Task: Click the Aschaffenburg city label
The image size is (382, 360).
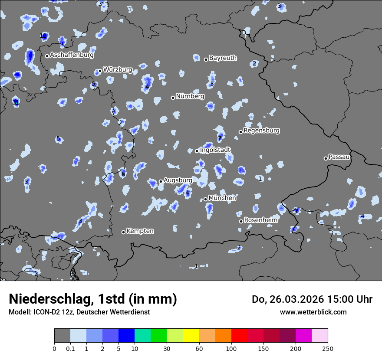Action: tap(72, 55)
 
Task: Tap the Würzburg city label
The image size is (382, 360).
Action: tap(117, 69)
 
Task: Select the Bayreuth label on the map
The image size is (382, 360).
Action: tap(223, 58)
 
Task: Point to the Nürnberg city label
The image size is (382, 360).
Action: tap(190, 96)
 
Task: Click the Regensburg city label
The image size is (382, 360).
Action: tap(261, 130)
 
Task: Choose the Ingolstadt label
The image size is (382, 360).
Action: tap(215, 150)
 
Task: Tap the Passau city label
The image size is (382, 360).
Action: tap(339, 157)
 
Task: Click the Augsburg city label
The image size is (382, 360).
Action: tap(178, 180)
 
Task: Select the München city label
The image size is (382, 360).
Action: tap(222, 198)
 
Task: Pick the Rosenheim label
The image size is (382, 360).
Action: tap(260, 220)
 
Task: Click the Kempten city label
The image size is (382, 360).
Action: tap(140, 231)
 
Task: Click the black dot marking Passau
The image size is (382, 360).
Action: tap(326, 158)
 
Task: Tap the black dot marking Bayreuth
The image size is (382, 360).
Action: tap(206, 59)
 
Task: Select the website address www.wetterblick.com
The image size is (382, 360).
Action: tap(313, 312)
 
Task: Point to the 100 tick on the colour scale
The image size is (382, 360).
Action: tap(231, 348)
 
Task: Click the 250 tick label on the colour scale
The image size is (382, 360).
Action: tap(328, 348)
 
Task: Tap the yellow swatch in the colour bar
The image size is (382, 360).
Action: tap(191, 335)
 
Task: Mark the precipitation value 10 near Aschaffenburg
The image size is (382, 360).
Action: tap(43, 36)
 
